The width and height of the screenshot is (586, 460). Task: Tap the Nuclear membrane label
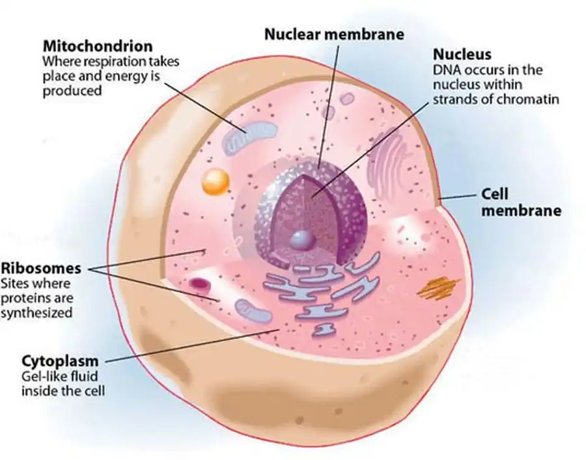coord(334,34)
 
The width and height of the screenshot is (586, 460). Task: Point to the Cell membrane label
coord(520,202)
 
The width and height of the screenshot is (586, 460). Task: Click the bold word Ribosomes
coord(42,269)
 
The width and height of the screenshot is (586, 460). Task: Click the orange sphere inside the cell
coord(213,182)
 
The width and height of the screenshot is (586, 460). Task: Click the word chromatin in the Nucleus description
coord(533,100)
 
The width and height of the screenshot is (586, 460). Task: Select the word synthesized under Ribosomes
coord(36,312)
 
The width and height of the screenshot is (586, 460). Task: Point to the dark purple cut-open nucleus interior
coord(302,208)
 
